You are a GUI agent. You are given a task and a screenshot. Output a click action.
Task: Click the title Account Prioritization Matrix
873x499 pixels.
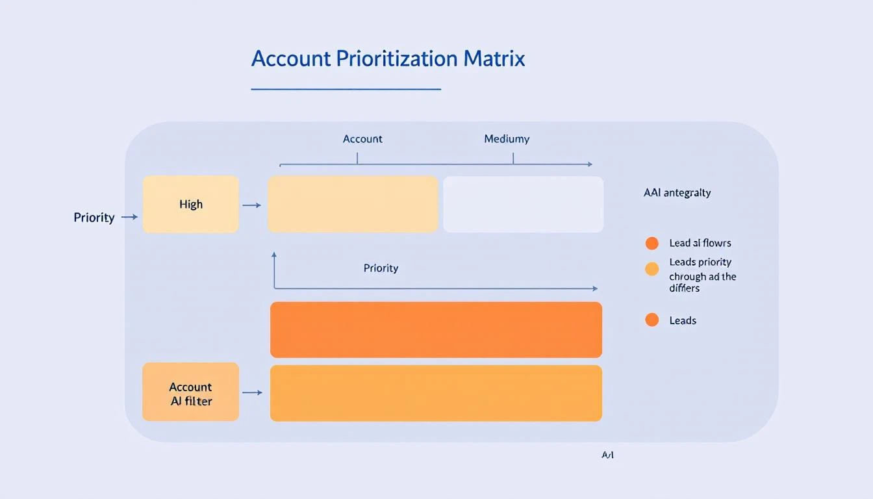(388, 58)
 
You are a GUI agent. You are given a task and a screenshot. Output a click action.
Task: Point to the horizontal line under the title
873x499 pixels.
(346, 89)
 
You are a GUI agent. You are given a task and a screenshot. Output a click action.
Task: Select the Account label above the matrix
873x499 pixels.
(362, 139)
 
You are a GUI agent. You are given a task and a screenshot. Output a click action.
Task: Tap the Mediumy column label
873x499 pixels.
(507, 139)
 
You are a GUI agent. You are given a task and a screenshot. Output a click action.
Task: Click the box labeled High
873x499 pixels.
(190, 204)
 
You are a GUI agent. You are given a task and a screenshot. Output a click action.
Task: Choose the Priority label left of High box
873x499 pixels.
(94, 218)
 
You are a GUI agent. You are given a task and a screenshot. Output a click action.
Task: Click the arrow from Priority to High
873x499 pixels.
(130, 217)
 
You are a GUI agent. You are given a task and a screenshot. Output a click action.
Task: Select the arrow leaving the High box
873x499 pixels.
(251, 205)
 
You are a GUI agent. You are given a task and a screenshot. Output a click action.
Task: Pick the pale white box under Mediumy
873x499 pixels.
(523, 204)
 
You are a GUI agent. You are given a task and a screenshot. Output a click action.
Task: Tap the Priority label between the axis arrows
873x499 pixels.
(381, 268)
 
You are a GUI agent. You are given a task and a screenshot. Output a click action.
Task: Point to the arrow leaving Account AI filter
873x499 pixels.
(252, 392)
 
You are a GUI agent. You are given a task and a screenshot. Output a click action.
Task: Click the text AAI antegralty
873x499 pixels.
(677, 192)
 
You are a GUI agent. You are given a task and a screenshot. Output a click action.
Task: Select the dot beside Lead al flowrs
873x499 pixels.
(652, 244)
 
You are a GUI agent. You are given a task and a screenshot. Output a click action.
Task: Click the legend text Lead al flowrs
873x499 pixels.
(700, 244)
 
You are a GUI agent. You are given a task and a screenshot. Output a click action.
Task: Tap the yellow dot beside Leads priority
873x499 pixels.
(652, 269)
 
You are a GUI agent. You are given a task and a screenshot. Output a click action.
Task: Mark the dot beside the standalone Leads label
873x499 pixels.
(652, 320)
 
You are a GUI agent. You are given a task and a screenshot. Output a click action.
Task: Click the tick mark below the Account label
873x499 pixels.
(357, 158)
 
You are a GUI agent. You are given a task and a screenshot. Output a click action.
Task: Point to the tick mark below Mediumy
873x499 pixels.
(512, 158)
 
